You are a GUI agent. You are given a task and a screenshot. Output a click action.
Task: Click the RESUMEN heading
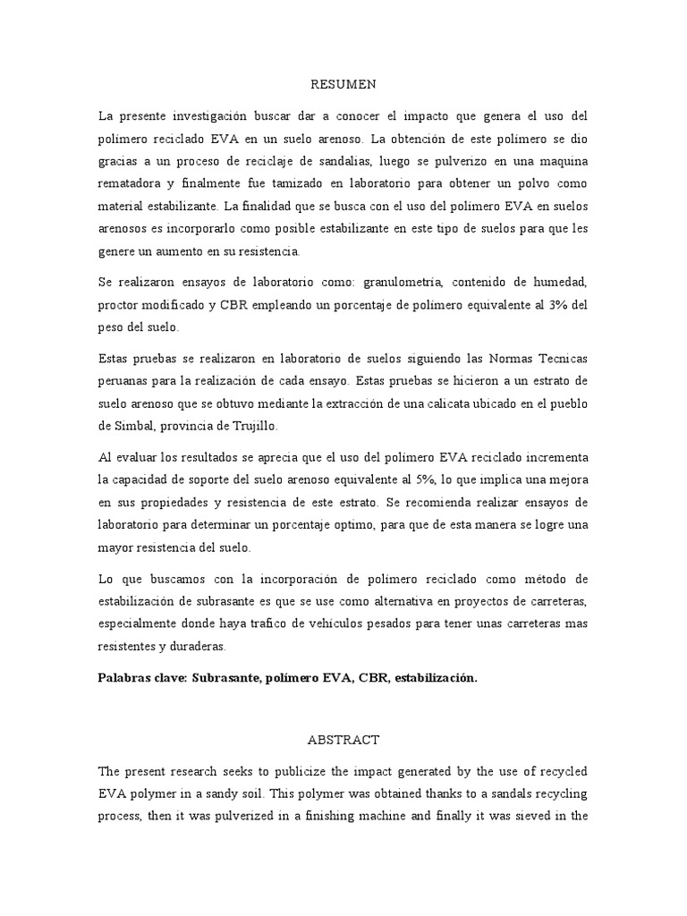click(343, 85)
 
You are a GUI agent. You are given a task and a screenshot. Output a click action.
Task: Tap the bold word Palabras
click(125, 678)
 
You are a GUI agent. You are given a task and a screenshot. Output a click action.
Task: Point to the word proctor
click(123, 305)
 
